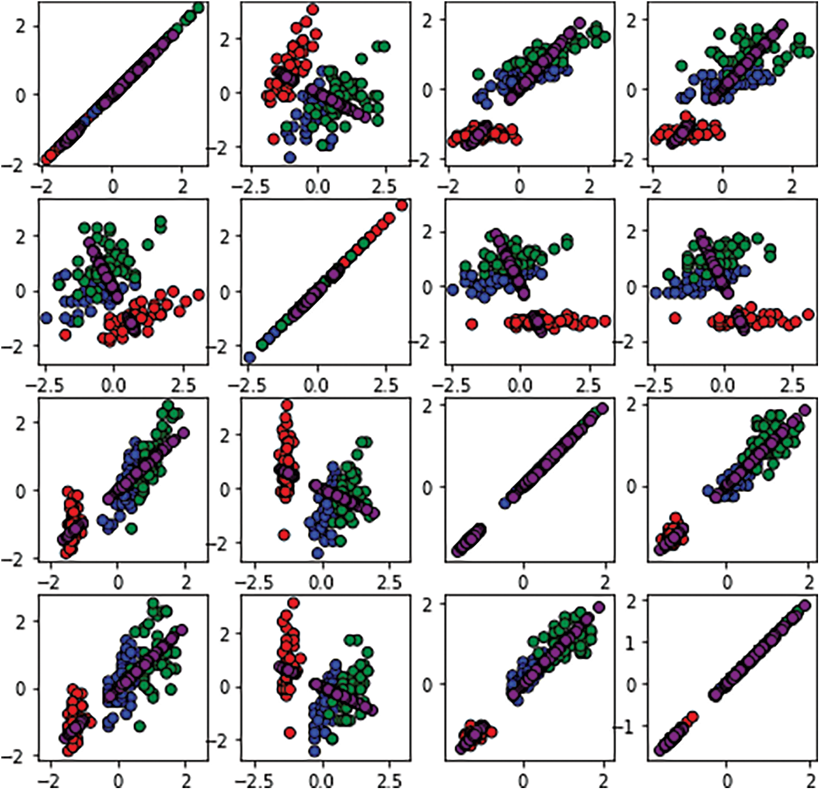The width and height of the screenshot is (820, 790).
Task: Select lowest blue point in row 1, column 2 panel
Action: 290,157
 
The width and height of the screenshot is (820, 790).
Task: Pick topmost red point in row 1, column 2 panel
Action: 313,10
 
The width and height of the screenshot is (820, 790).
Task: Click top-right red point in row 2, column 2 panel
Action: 402,205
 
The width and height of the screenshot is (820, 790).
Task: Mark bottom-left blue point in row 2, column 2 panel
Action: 250,357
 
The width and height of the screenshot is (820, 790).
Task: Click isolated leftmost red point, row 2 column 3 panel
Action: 471,323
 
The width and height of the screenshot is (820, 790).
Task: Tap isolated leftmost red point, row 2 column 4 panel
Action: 675,318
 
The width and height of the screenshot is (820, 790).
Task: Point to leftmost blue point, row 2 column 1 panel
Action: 46,318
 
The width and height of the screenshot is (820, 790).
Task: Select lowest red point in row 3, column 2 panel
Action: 284,535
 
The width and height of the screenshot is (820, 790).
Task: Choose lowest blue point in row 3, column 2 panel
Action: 318,553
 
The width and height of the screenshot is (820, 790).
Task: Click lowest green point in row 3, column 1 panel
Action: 131,527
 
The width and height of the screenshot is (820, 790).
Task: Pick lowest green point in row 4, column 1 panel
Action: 139,726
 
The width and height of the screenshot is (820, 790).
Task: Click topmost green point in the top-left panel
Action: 198,7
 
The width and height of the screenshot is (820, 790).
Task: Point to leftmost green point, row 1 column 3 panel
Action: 478,74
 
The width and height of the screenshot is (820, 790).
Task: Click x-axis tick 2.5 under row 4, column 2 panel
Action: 389,781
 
